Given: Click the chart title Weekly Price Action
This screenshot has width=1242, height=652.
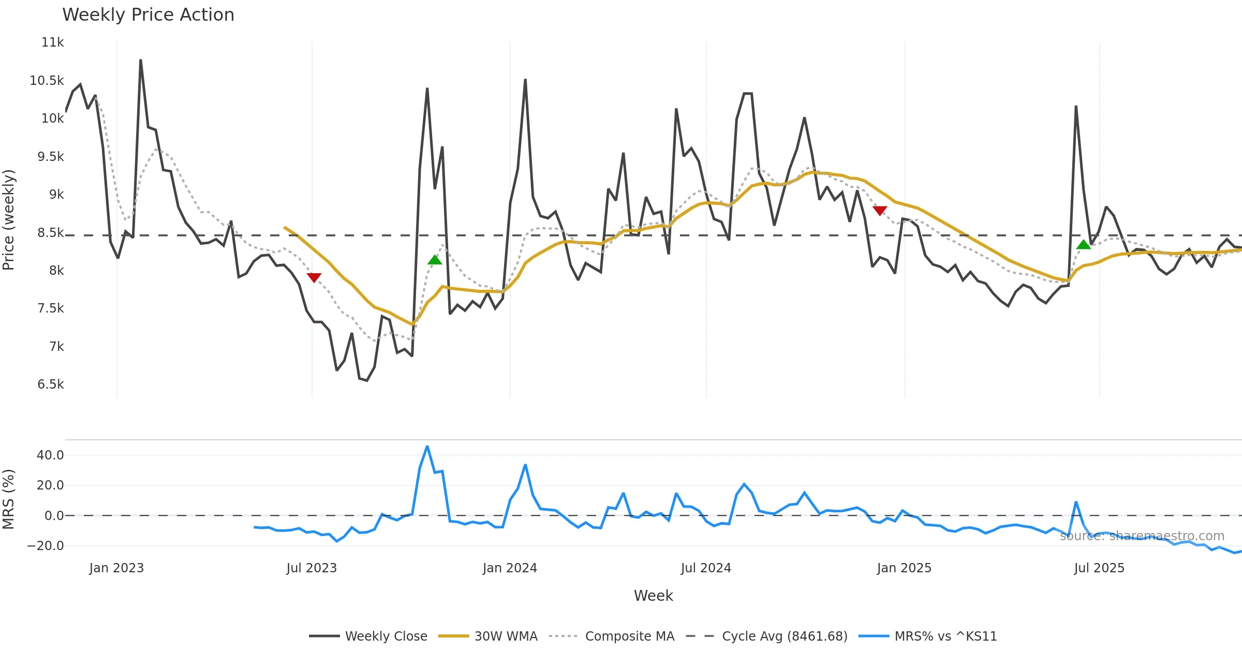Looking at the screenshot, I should coord(148,14).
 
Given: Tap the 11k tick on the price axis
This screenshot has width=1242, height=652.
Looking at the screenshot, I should coord(52,42).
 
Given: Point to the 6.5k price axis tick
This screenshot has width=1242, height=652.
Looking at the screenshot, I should coord(51,384).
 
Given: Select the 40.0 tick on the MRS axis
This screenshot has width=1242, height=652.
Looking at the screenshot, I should coord(50,455).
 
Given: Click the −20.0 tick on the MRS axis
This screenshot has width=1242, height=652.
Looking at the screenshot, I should coord(46,546).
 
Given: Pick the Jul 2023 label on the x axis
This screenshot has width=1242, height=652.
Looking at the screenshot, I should coord(312,568).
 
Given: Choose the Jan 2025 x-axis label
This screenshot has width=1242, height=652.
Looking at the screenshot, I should coord(904,568).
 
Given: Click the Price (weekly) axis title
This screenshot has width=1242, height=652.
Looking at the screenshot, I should coord(8,220).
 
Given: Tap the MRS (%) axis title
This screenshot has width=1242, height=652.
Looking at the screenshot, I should coord(8,499).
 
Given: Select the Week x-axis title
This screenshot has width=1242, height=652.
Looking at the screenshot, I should coord(653,596).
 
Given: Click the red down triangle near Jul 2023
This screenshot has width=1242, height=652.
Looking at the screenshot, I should coord(314,277).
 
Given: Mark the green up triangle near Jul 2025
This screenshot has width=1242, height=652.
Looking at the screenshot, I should coord(1084,245).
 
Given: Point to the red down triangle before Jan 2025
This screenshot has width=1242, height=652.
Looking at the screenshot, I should coord(880,211).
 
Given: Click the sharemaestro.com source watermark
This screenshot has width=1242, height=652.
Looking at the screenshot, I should coord(1142,536).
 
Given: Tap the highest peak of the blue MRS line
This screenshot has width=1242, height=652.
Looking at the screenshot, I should coord(427,447).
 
